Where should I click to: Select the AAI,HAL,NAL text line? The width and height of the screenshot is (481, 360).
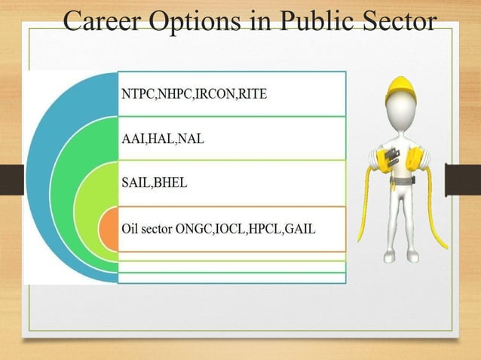pos(162,139)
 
